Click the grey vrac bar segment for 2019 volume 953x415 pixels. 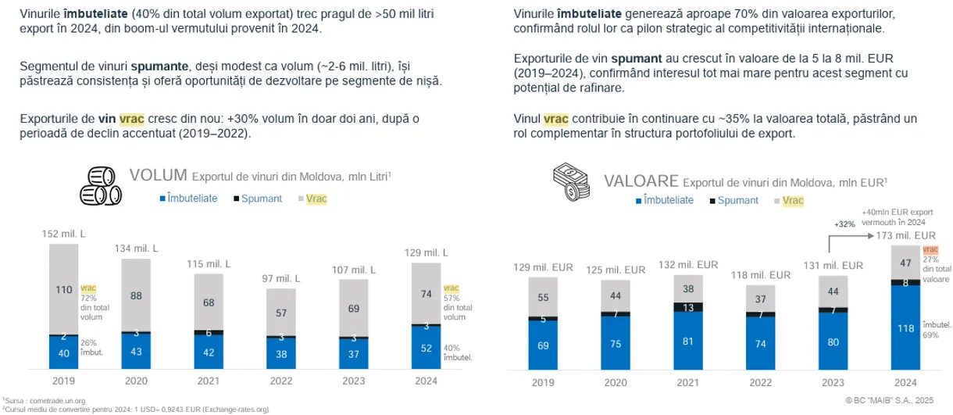65,289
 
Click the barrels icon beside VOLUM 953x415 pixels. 101,184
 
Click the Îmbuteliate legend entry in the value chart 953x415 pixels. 665,200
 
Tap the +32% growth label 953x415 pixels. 844,224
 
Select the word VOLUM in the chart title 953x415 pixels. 159,174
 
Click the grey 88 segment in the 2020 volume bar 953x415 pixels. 137,295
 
